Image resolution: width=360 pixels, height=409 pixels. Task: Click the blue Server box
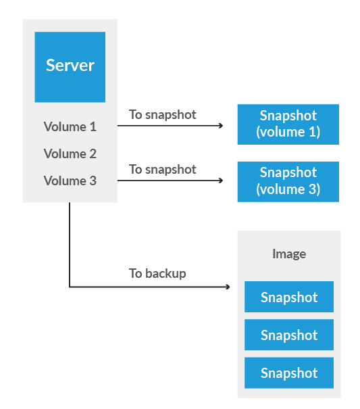point(70,66)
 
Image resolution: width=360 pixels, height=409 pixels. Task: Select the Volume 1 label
point(70,126)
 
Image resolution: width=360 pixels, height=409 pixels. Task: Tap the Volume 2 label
point(70,153)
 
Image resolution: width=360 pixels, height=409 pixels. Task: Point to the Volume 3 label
point(70,181)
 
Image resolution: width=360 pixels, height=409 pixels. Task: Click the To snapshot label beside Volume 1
point(163,114)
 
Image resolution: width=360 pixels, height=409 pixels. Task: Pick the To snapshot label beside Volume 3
point(163,169)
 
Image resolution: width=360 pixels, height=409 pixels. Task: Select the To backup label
point(157,273)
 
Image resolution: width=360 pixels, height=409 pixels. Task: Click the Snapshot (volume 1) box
point(288,124)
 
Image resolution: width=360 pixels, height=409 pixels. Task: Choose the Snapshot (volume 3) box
point(288,181)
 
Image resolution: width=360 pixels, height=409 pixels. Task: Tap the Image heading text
point(289,254)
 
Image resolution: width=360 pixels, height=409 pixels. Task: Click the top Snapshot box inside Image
point(289,297)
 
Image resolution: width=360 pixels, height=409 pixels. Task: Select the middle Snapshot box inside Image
point(289,335)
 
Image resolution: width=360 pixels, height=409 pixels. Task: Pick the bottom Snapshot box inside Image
point(289,373)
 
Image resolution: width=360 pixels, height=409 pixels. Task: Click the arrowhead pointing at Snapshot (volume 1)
point(221,126)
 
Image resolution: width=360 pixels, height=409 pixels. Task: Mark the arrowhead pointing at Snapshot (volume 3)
point(221,181)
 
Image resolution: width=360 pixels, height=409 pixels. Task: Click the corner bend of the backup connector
point(70,287)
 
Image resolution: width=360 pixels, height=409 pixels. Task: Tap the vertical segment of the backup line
point(70,243)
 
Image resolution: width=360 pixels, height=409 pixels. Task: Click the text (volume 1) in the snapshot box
point(288,132)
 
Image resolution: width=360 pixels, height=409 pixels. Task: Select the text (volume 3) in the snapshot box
point(288,189)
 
